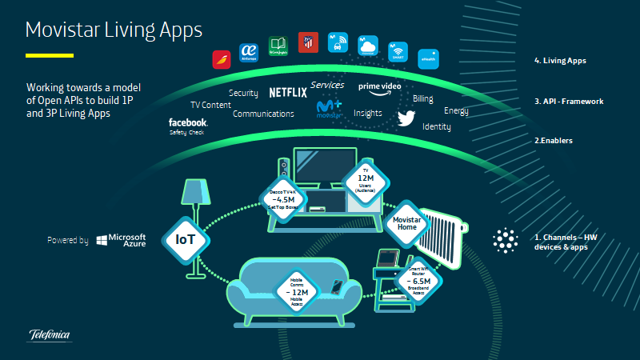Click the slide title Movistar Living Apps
point(114,30)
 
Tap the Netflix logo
point(288,92)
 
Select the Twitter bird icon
point(408,118)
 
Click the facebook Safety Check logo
point(188,125)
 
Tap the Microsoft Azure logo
point(121,239)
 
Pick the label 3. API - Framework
point(568,102)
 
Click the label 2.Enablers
point(553,140)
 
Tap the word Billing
point(423,98)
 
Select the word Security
point(243,93)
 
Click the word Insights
point(368,114)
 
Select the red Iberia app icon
point(222,59)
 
